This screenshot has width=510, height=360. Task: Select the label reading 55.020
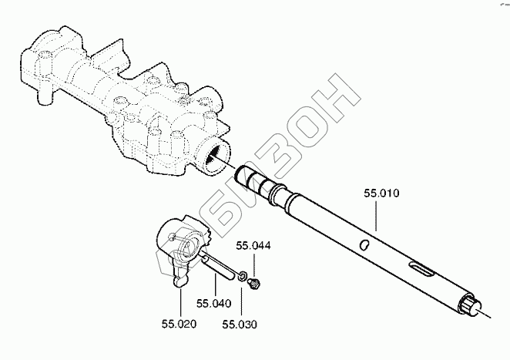pyautogui.click(x=180, y=323)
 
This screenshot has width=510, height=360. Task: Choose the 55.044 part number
pyautogui.click(x=254, y=247)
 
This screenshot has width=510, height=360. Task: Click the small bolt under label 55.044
pyautogui.click(x=255, y=281)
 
